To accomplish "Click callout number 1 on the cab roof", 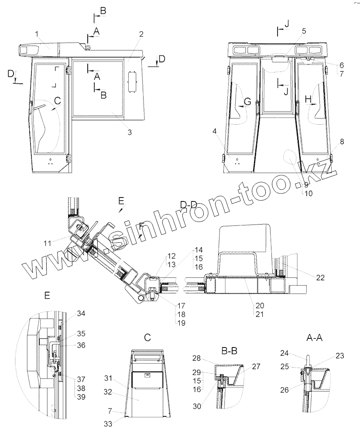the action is [37, 34].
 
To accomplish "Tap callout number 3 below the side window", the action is [130, 132].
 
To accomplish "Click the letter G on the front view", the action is [247, 102].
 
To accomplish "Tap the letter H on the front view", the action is [308, 100].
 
